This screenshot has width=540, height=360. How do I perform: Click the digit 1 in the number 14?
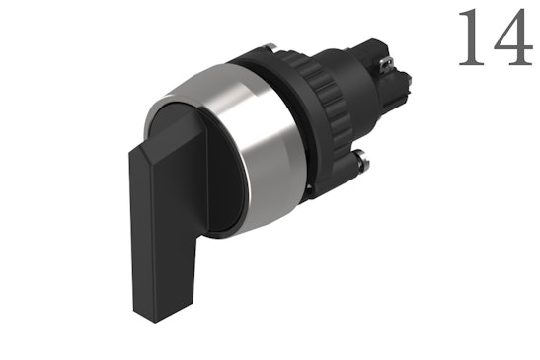click(470, 38)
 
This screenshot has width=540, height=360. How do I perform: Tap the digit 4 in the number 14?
click(509, 39)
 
